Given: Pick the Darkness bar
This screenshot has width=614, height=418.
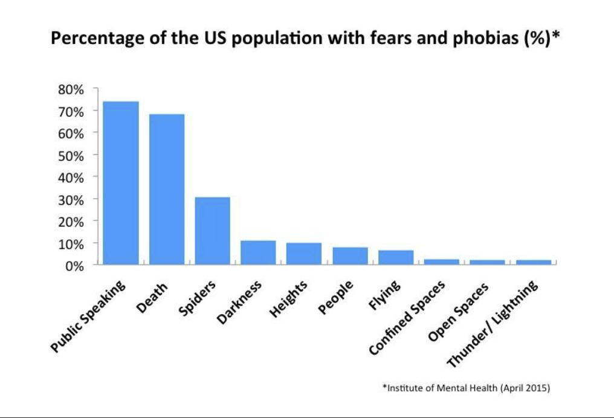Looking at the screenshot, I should click(x=258, y=252).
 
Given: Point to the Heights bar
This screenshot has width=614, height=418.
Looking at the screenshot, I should click(x=304, y=254).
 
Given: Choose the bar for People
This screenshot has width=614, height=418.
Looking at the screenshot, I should click(x=350, y=256).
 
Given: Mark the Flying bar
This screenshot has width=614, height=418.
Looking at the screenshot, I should click(x=396, y=257).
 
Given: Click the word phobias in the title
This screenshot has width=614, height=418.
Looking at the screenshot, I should click(x=473, y=39).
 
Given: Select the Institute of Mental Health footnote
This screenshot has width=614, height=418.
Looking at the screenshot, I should click(x=466, y=388).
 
